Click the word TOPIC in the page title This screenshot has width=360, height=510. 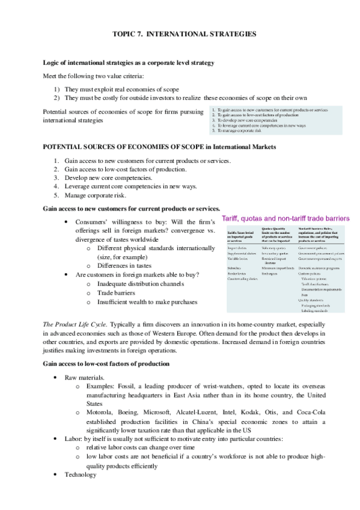tap(125, 35)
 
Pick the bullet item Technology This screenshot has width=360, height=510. tap(81, 475)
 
